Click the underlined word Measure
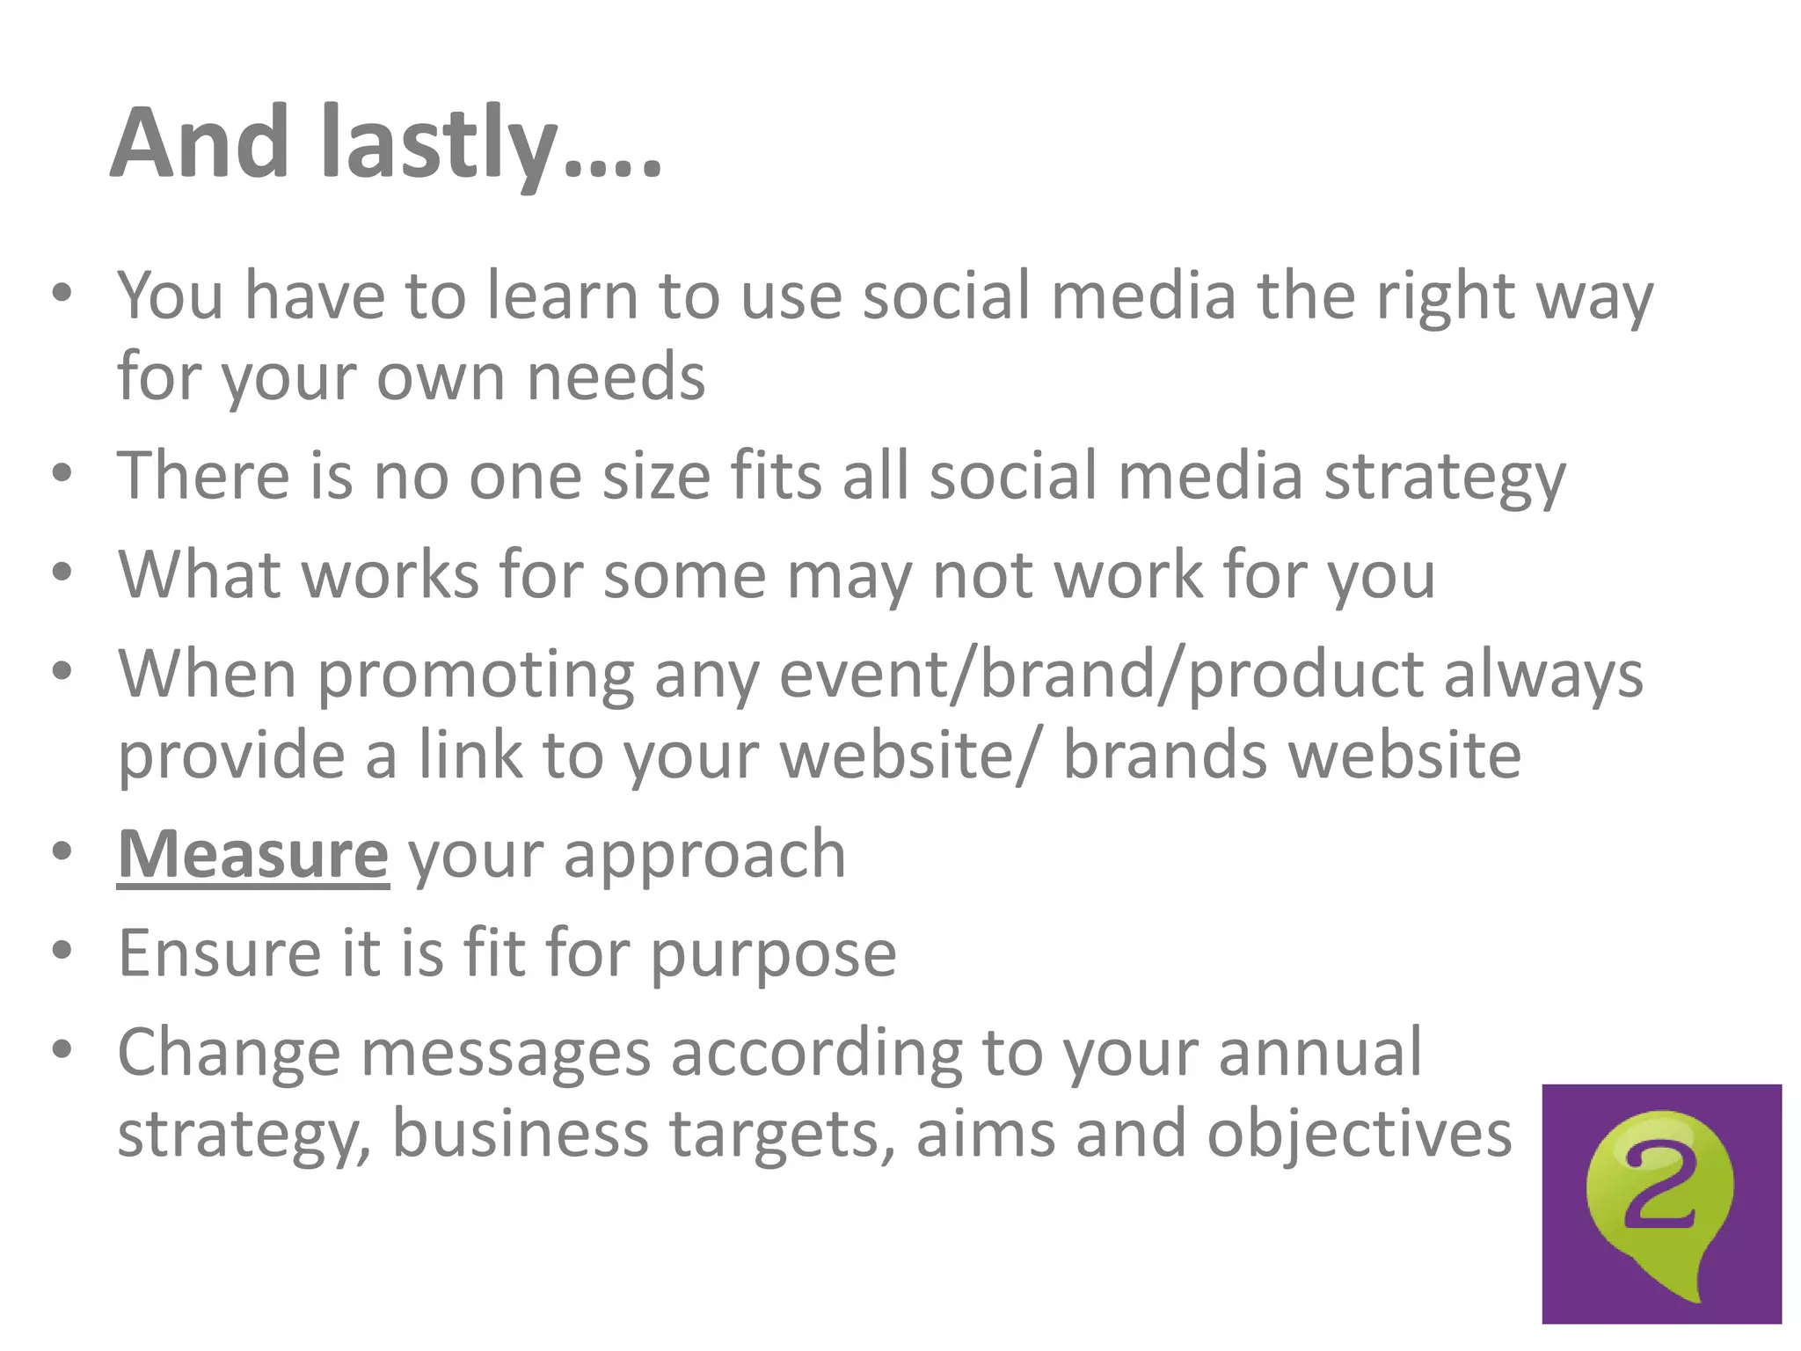(x=252, y=855)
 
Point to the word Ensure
(x=220, y=953)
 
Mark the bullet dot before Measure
(x=61, y=851)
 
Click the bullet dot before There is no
(x=61, y=473)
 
